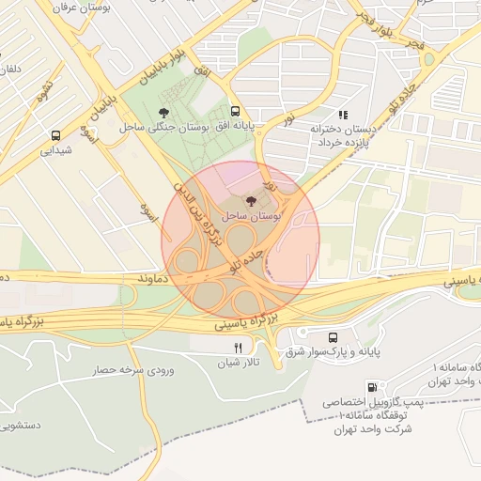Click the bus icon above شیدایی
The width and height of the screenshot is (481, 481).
pyautogui.click(x=55, y=134)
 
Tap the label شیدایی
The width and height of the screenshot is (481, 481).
pyautogui.click(x=55, y=149)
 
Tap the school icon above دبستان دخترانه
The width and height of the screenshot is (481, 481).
pyautogui.click(x=342, y=115)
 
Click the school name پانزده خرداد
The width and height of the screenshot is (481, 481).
pyautogui.click(x=346, y=143)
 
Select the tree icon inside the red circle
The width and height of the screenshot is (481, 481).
pyautogui.click(x=250, y=200)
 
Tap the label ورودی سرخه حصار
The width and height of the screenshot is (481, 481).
pyautogui.click(x=131, y=370)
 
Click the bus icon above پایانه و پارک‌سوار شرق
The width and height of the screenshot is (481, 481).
pyautogui.click(x=333, y=338)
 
